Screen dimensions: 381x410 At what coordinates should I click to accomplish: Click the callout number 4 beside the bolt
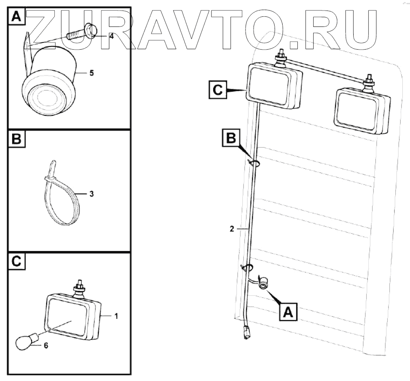(x=111, y=36)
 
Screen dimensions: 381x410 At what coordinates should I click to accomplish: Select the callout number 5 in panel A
(x=91, y=73)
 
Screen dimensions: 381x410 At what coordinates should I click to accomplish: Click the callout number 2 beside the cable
(x=232, y=230)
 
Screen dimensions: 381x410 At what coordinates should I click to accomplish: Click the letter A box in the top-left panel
(x=16, y=16)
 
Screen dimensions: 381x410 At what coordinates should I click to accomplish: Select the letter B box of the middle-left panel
(x=16, y=139)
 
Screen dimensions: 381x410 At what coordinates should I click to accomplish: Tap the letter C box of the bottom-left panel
(x=16, y=261)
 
